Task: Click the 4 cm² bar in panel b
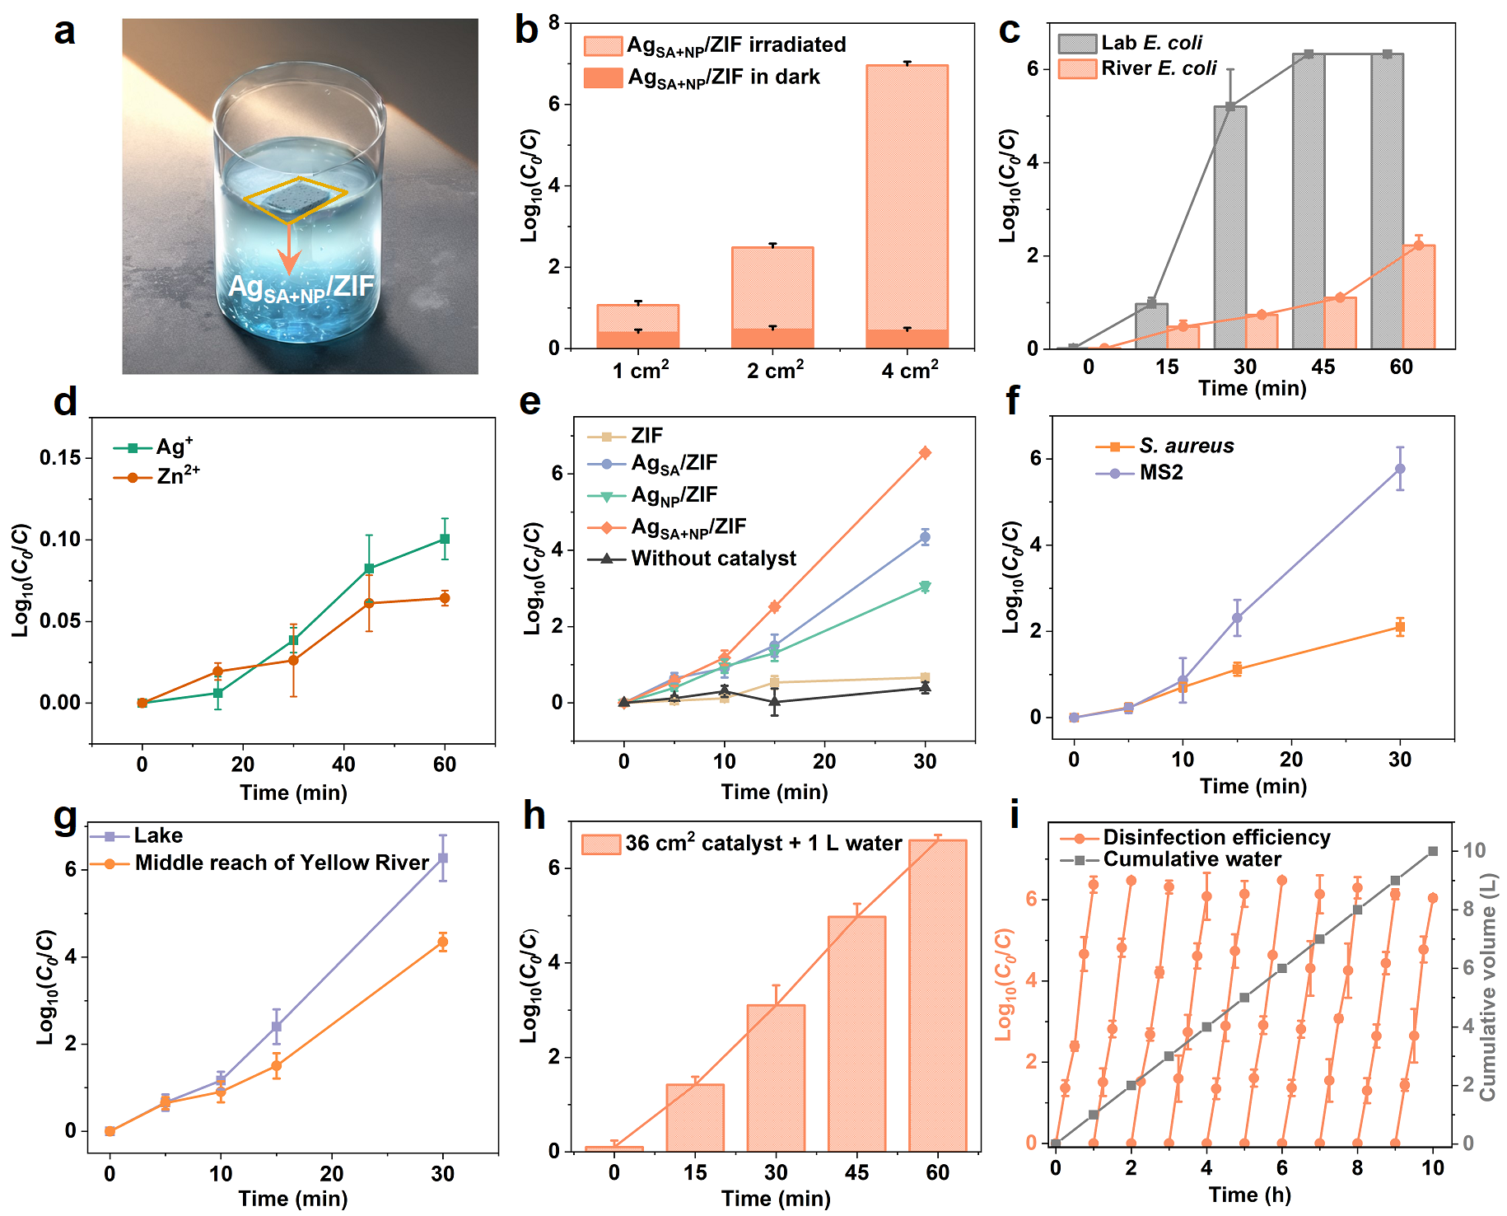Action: (907, 206)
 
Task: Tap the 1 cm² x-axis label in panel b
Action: (641, 370)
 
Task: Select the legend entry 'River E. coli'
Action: (1158, 68)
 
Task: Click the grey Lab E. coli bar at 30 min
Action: (1229, 227)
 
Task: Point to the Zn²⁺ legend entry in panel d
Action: (178, 476)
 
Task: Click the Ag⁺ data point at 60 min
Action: (445, 539)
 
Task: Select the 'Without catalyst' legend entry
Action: (713, 559)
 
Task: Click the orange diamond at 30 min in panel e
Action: (925, 452)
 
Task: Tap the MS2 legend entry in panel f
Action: (1160, 473)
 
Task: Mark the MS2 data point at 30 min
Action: (1400, 469)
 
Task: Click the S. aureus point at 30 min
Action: (1400, 628)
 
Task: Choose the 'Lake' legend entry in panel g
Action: (157, 836)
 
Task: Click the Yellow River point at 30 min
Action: (443, 942)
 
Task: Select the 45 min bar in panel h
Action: (856, 1033)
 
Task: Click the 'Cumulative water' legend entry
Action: (1192, 859)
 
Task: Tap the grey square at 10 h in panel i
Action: (1433, 851)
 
